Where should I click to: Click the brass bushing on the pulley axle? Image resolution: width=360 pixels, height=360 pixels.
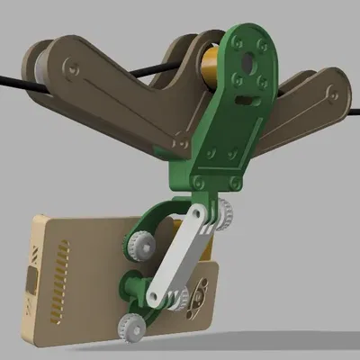pyautogui.click(x=210, y=68)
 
